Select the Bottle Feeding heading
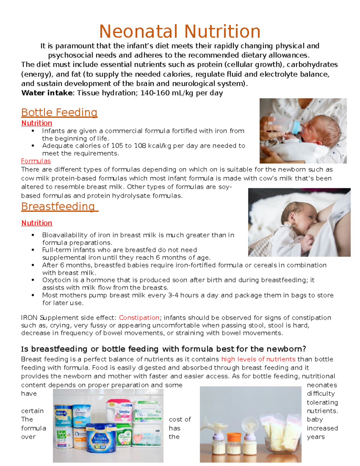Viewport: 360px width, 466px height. (59, 113)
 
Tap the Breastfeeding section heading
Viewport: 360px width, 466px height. (58, 207)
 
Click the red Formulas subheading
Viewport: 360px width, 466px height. (36, 161)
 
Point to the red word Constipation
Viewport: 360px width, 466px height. (139, 318)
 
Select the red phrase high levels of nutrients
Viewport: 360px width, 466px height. (258, 359)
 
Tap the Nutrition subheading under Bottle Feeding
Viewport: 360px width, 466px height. (37, 123)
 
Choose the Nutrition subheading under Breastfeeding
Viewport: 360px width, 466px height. (37, 223)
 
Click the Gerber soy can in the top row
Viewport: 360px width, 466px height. (81, 416)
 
